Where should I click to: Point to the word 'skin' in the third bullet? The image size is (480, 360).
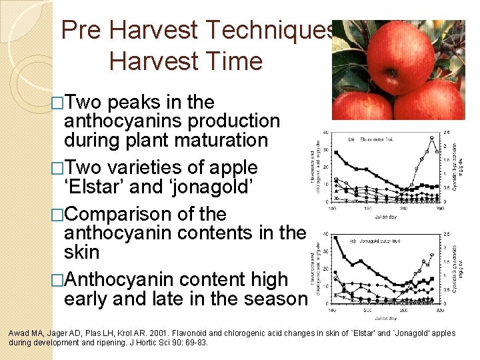click(x=81, y=253)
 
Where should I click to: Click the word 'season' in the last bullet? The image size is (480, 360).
click(x=273, y=299)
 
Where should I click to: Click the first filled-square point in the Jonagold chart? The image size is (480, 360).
click(x=336, y=244)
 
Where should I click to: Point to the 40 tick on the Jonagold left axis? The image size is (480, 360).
click(x=325, y=234)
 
